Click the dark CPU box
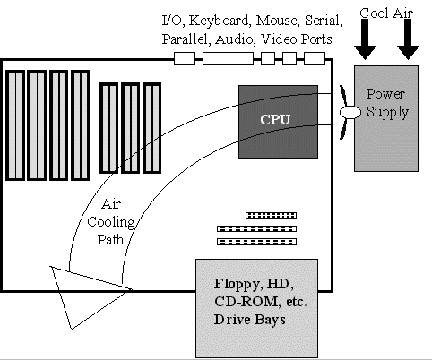pos(278,122)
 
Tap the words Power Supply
pos(387,103)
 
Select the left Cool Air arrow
pos(365,39)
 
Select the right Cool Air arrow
pos(408,39)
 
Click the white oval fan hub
pos(350,112)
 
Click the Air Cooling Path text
pos(111,222)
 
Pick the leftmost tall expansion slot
pos(15,125)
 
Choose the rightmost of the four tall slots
pos(80,125)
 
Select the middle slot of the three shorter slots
pos(130,128)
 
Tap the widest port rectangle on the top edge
pos(228,58)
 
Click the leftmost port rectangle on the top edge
pos(185,58)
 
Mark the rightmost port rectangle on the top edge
pos(315,58)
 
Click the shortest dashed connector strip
pos(271,215)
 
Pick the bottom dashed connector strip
pos(256,242)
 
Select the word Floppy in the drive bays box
pos(237,285)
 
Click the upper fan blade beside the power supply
pos(343,96)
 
